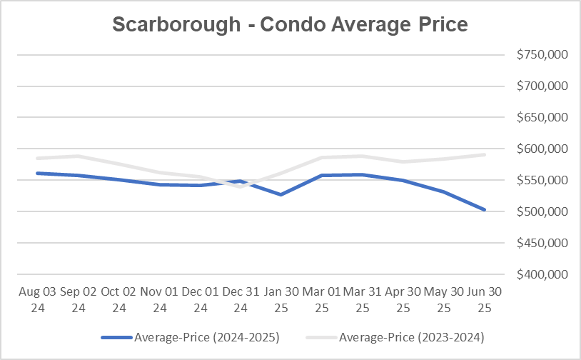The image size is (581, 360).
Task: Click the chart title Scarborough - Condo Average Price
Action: (x=290, y=24)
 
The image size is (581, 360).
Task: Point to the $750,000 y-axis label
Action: (x=539, y=55)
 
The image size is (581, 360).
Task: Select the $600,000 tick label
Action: (x=539, y=149)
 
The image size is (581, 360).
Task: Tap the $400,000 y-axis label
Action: (x=539, y=274)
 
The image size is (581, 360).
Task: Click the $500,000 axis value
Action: (x=539, y=211)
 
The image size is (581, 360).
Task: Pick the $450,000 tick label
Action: (x=539, y=243)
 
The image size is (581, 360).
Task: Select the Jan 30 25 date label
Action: (x=281, y=300)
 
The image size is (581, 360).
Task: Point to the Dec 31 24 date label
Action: (x=241, y=300)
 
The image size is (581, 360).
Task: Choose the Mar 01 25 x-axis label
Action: (x=323, y=300)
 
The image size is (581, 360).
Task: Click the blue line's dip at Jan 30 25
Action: (x=281, y=194)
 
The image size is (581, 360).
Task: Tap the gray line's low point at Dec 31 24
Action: (x=241, y=186)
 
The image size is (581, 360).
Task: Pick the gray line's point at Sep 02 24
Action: (x=78, y=156)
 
